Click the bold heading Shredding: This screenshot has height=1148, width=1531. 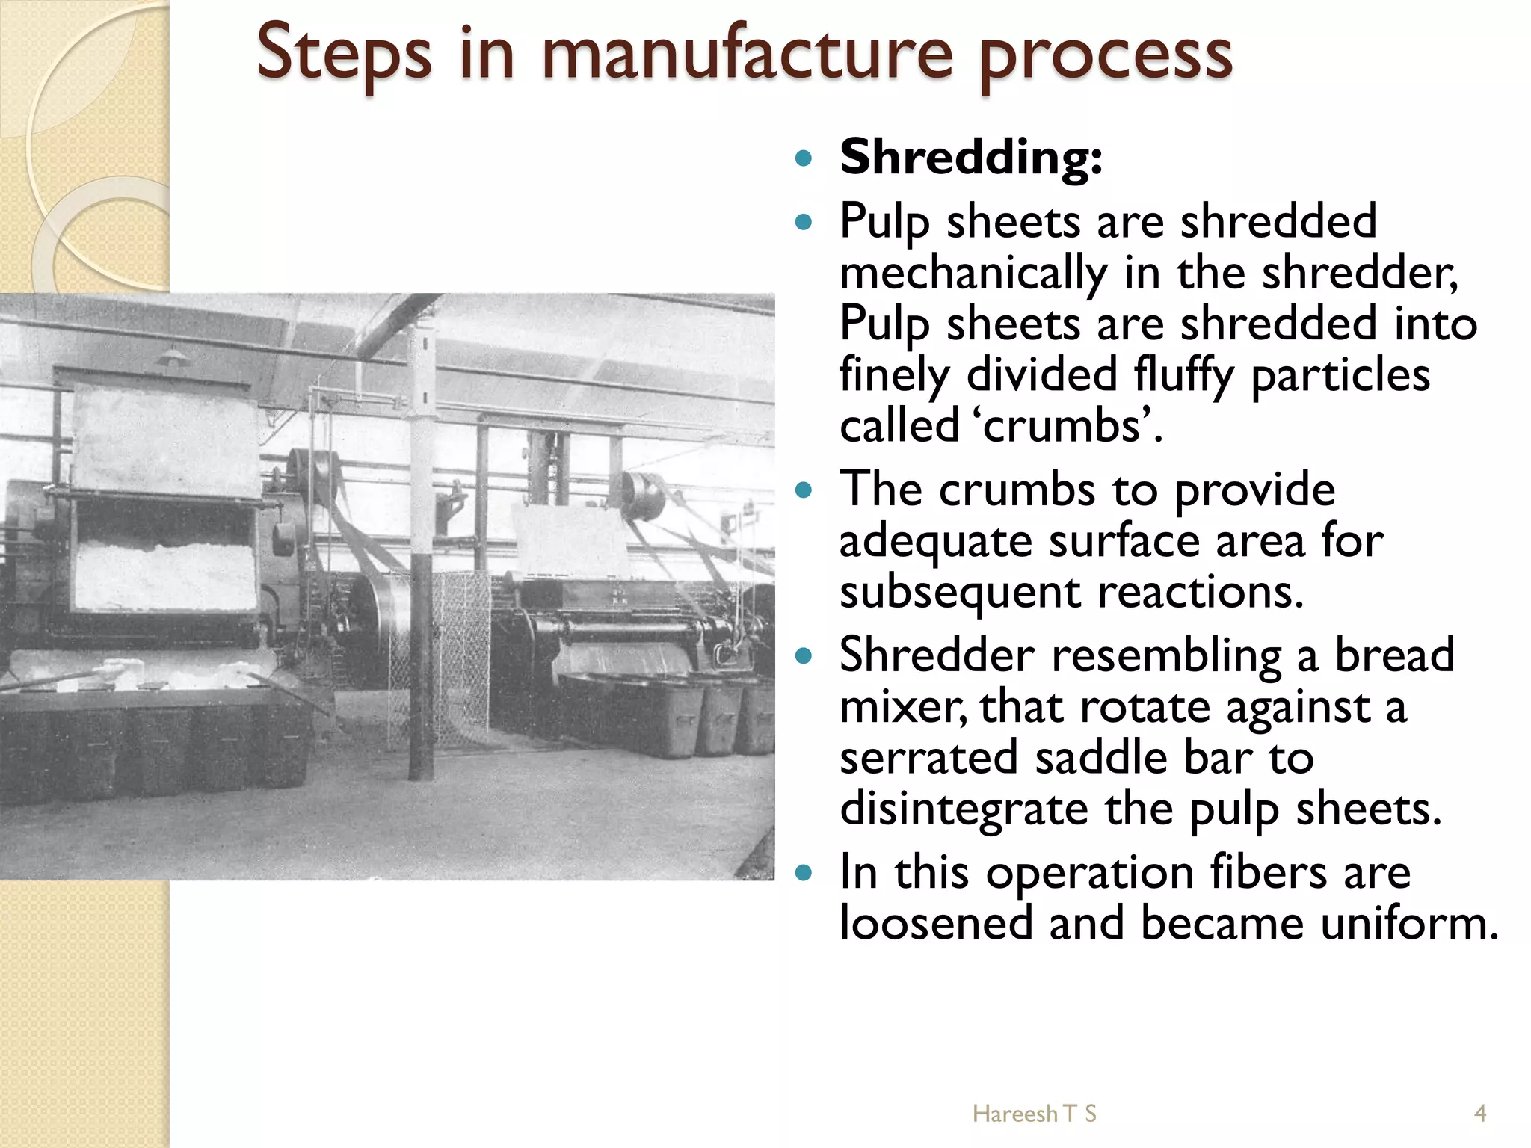pyautogui.click(x=970, y=158)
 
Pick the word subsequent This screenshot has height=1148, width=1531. pyautogui.click(x=960, y=592)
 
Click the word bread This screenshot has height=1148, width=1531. pyautogui.click(x=1394, y=655)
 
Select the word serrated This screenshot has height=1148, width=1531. pyautogui.click(x=928, y=757)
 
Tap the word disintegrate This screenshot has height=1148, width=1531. pyautogui.click(x=963, y=809)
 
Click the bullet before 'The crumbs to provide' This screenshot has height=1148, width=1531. pyautogui.click(x=804, y=490)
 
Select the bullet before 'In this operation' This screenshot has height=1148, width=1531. pyautogui.click(x=804, y=873)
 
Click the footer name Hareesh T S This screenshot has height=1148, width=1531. pyautogui.click(x=1034, y=1114)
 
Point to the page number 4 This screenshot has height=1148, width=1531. pyautogui.click(x=1479, y=1114)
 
